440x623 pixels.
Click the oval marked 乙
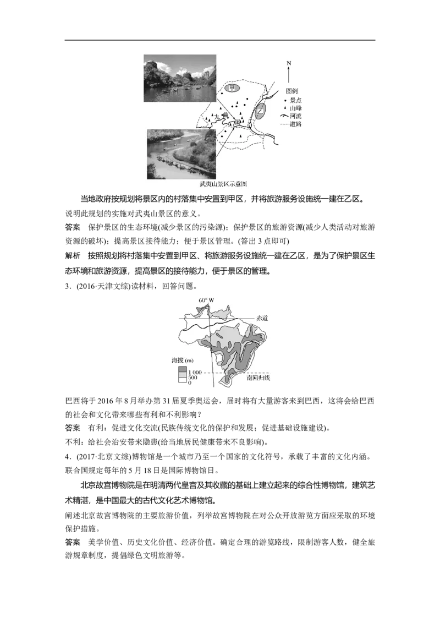[x=260, y=112]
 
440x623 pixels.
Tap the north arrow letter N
[x=289, y=63]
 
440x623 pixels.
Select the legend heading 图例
[x=292, y=91]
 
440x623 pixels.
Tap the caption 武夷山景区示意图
[x=223, y=184]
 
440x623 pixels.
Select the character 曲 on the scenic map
[x=224, y=116]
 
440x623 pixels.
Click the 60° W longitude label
[x=206, y=300]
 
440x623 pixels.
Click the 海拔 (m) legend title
[x=182, y=360]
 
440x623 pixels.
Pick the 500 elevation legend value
[x=193, y=378]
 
